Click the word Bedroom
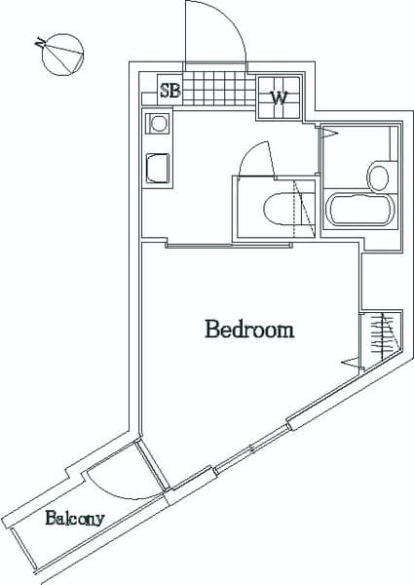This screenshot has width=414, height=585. [249, 330]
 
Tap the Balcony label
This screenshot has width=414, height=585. [74, 519]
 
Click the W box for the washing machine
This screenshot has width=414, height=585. [279, 97]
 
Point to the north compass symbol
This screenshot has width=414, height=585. [60, 55]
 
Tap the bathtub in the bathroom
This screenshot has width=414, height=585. [359, 211]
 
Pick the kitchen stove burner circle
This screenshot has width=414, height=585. [158, 124]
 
